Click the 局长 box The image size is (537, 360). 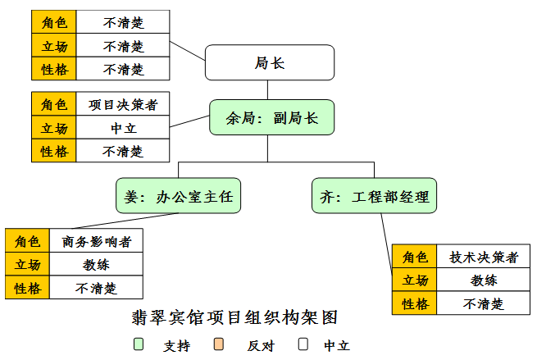click(269, 63)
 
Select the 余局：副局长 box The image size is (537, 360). click(271, 117)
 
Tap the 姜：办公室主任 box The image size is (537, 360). click(179, 197)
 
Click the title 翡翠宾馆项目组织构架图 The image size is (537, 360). click(235, 317)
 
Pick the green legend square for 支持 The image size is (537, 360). click(139, 344)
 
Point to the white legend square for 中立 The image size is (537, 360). click(303, 344)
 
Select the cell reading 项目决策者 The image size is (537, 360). click(123, 104)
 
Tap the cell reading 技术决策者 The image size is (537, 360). click(483, 257)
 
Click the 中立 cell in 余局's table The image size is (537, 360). click(123, 128)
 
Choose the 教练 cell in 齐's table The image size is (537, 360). click(483, 280)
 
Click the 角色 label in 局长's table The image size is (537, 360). click(54, 22)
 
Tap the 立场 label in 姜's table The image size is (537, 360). click(27, 264)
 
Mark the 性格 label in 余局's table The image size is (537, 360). click(54, 151)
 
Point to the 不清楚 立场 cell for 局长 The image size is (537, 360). click(123, 46)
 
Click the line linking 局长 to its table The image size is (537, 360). click(187, 51)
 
